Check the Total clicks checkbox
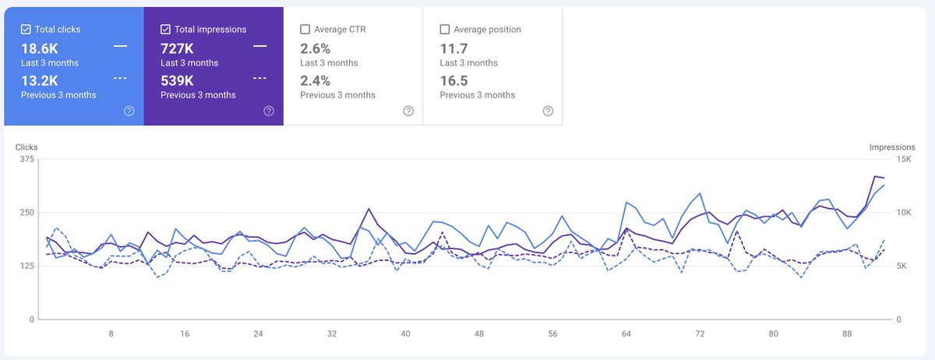click(x=26, y=30)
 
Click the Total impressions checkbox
click(x=165, y=30)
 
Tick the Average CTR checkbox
click(x=305, y=30)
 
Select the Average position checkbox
click(x=445, y=30)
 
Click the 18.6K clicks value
click(x=40, y=48)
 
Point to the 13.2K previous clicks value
click(x=40, y=80)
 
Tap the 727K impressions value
click(x=178, y=48)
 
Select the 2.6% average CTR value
click(x=316, y=48)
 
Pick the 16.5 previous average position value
click(x=453, y=80)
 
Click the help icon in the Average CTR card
click(x=408, y=111)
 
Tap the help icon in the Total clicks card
click(x=129, y=111)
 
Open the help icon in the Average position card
click(x=548, y=111)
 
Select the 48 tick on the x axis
click(x=479, y=334)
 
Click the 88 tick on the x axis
click(x=847, y=334)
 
